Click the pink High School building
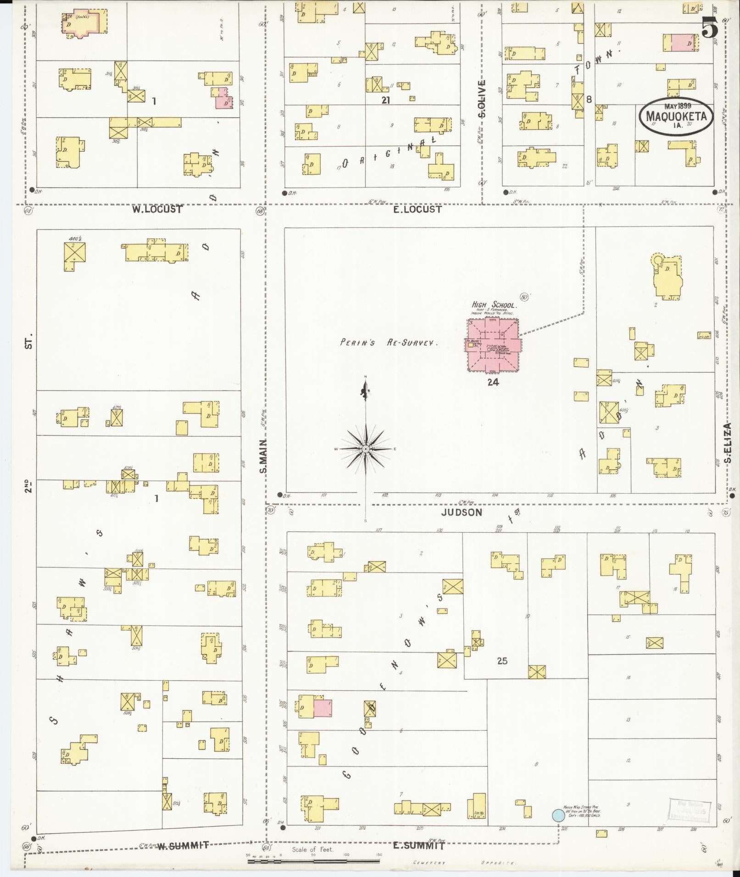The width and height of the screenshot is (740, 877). (x=493, y=345)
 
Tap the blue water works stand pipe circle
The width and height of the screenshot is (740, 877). (x=558, y=815)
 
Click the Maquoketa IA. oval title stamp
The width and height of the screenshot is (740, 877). (x=676, y=116)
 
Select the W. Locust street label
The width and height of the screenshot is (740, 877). (x=157, y=210)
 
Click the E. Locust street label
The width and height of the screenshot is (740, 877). (x=417, y=210)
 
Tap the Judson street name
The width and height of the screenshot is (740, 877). (x=462, y=513)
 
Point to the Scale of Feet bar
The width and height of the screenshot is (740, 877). (x=313, y=861)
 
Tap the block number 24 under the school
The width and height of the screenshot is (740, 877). (x=493, y=382)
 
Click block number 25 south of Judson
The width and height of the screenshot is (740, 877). (x=502, y=661)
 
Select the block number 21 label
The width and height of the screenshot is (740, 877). (x=385, y=100)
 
